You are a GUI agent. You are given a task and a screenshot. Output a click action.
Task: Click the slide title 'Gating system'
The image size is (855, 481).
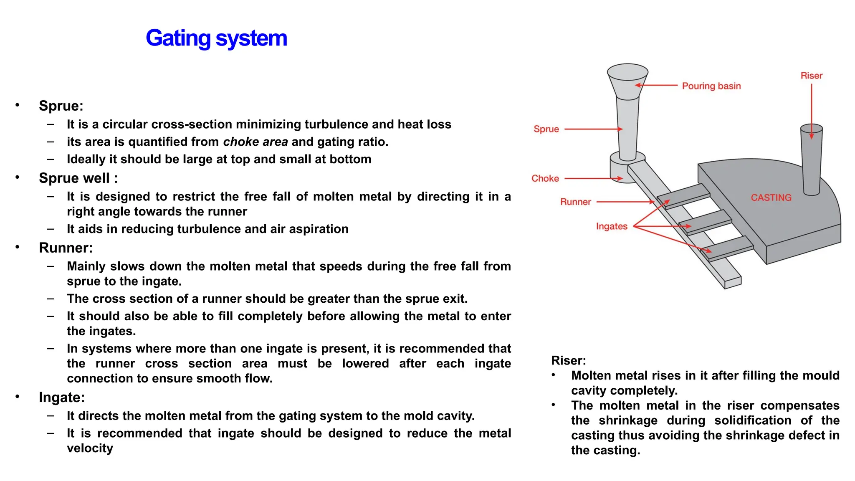click(216, 38)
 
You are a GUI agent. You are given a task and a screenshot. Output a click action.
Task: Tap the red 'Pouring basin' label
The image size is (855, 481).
click(711, 86)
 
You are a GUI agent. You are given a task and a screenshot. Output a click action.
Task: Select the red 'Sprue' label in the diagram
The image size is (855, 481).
click(546, 129)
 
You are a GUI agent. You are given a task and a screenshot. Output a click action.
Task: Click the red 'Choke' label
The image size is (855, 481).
click(545, 178)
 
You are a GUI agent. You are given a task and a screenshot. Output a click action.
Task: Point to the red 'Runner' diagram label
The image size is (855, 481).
click(575, 202)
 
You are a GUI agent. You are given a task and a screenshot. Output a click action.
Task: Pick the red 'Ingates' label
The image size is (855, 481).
click(611, 226)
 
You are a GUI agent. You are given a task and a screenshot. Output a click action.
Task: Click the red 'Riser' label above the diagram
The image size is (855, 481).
click(811, 76)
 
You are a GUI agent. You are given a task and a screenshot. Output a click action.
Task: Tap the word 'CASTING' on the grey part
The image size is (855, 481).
click(771, 197)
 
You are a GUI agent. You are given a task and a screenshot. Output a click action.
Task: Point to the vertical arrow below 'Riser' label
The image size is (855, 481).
click(811, 111)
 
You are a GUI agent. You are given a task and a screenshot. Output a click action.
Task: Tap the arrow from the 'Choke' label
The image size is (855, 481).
click(593, 178)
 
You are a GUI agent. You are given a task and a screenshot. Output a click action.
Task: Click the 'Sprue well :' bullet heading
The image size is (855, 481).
click(78, 178)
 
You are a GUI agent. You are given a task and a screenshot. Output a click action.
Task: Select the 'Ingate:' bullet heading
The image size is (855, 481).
click(62, 397)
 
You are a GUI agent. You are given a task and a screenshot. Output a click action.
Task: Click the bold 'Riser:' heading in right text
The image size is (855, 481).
click(568, 360)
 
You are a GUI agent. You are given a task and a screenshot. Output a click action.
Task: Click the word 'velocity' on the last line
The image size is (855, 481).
click(90, 448)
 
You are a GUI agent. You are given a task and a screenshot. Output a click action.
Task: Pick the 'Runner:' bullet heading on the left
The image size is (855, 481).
click(66, 248)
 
